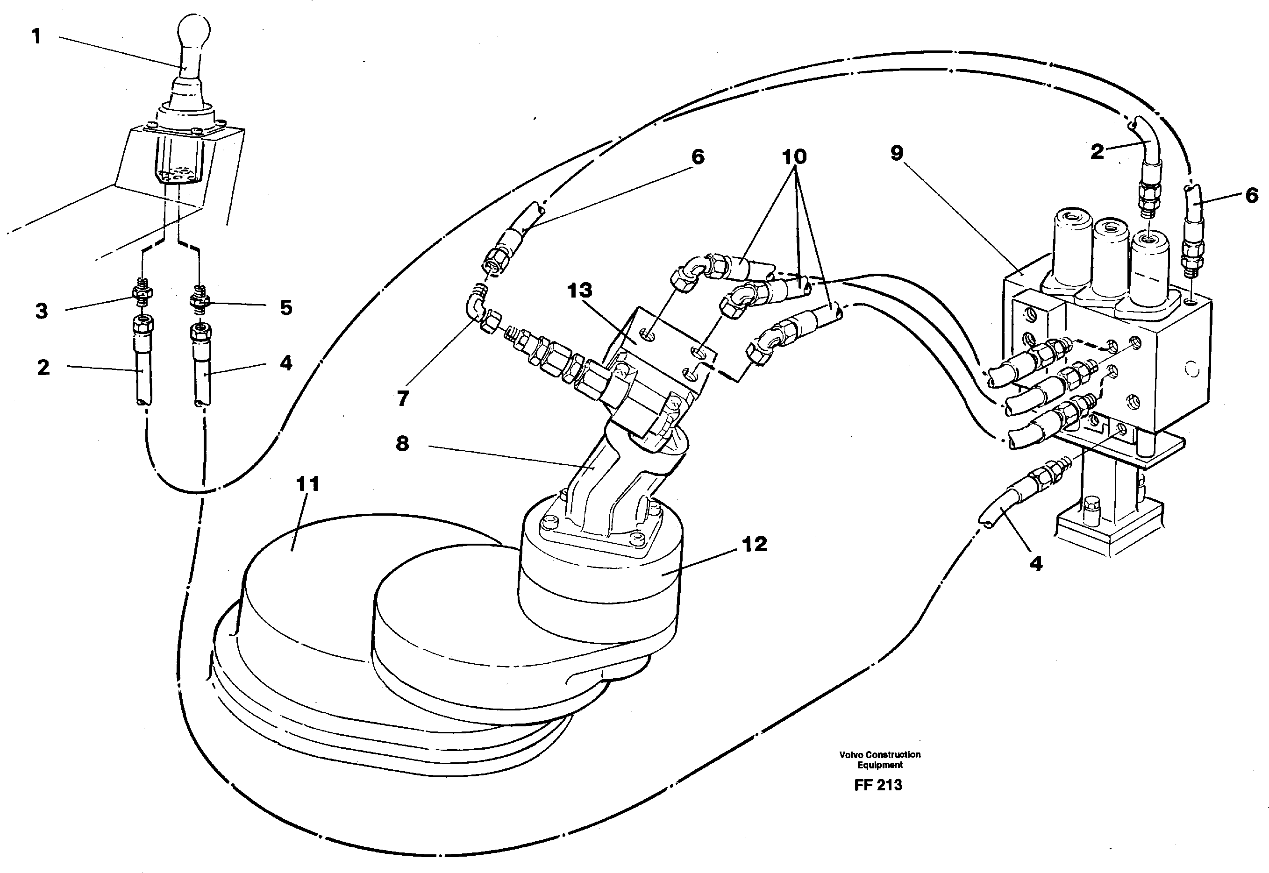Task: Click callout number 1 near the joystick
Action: click(36, 36)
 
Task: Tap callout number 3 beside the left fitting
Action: click(42, 311)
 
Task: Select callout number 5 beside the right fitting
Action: click(286, 307)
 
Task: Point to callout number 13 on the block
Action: click(579, 291)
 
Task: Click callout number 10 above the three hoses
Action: click(794, 157)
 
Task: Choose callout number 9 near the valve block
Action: click(897, 153)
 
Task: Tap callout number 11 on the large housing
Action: click(307, 483)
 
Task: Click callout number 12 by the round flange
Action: click(755, 544)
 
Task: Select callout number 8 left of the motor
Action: click(402, 443)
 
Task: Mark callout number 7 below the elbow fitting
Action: click(403, 399)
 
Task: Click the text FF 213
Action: click(877, 785)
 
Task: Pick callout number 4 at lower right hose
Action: click(1036, 563)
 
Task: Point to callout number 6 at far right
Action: click(1252, 195)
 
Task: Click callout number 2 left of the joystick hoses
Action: click(43, 367)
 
